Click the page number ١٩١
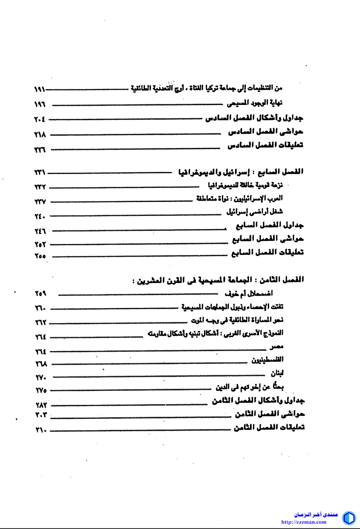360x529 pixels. click(x=39, y=89)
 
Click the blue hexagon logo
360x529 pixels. click(x=348, y=518)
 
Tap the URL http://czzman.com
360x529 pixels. click(x=304, y=522)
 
